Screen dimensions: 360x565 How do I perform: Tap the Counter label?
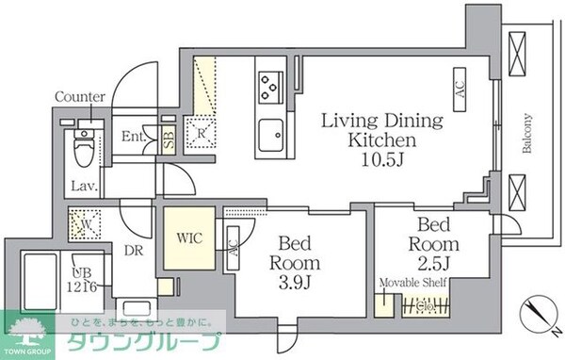pos(80,97)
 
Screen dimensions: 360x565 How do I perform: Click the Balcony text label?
pos(527,134)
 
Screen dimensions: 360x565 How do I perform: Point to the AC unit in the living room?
pos(460,92)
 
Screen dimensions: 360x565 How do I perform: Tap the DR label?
pos(133,251)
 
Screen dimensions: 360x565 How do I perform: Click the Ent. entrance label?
pos(134,137)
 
